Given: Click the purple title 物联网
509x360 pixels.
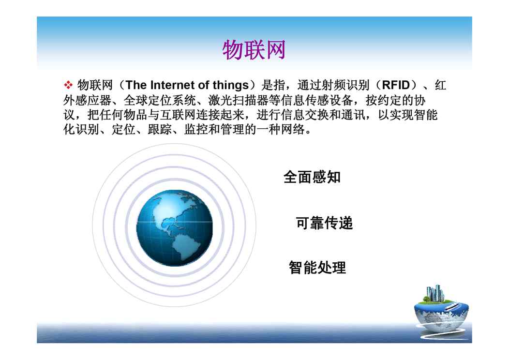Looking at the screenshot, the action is tap(254, 50).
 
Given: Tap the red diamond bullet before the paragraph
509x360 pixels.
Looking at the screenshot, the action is tap(68, 85).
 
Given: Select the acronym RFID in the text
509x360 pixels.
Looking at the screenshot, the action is tap(396, 85).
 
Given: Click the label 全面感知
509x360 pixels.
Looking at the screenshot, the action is tap(312, 177).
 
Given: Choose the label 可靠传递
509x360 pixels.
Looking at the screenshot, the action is tap(324, 223).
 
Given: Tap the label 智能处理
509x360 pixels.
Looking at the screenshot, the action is tap(317, 268).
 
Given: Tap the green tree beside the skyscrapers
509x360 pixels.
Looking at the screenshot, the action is tap(426, 298).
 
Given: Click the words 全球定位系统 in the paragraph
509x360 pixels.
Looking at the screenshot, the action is tap(159, 100).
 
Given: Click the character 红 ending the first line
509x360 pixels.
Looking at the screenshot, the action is tap(440, 85).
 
